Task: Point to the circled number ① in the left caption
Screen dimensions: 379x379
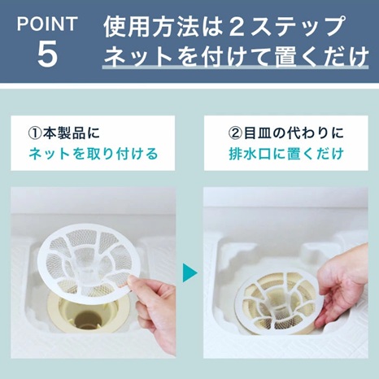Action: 37,131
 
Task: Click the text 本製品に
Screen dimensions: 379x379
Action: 75,131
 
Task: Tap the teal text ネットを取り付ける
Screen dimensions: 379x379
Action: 93,154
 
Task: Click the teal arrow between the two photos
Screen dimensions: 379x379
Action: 189,273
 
